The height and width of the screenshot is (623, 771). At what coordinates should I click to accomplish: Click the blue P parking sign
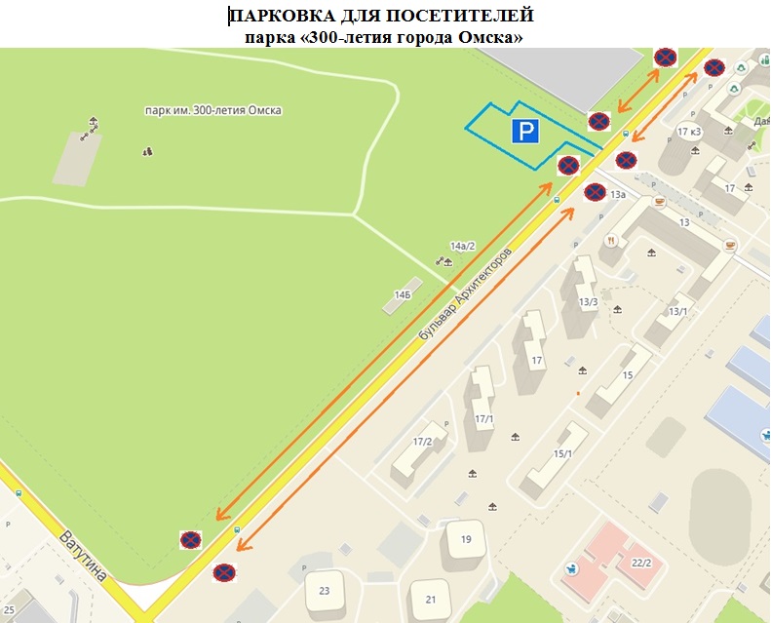tap(525, 133)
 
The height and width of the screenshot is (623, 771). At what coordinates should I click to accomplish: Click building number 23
tap(324, 591)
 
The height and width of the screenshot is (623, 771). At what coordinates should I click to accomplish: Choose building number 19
tap(466, 539)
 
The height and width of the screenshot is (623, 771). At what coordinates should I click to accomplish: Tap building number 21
tap(429, 599)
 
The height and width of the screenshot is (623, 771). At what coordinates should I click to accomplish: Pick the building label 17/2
tap(422, 442)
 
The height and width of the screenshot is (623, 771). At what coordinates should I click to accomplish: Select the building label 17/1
tap(483, 419)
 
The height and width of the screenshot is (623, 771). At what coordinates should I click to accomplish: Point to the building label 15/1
tap(562, 454)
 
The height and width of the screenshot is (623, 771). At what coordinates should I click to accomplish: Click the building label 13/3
tap(587, 303)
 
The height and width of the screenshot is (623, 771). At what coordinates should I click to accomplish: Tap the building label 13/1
tap(678, 312)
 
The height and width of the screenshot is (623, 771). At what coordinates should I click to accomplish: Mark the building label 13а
tap(618, 195)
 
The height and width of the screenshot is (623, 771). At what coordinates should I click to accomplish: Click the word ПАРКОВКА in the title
tap(288, 17)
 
